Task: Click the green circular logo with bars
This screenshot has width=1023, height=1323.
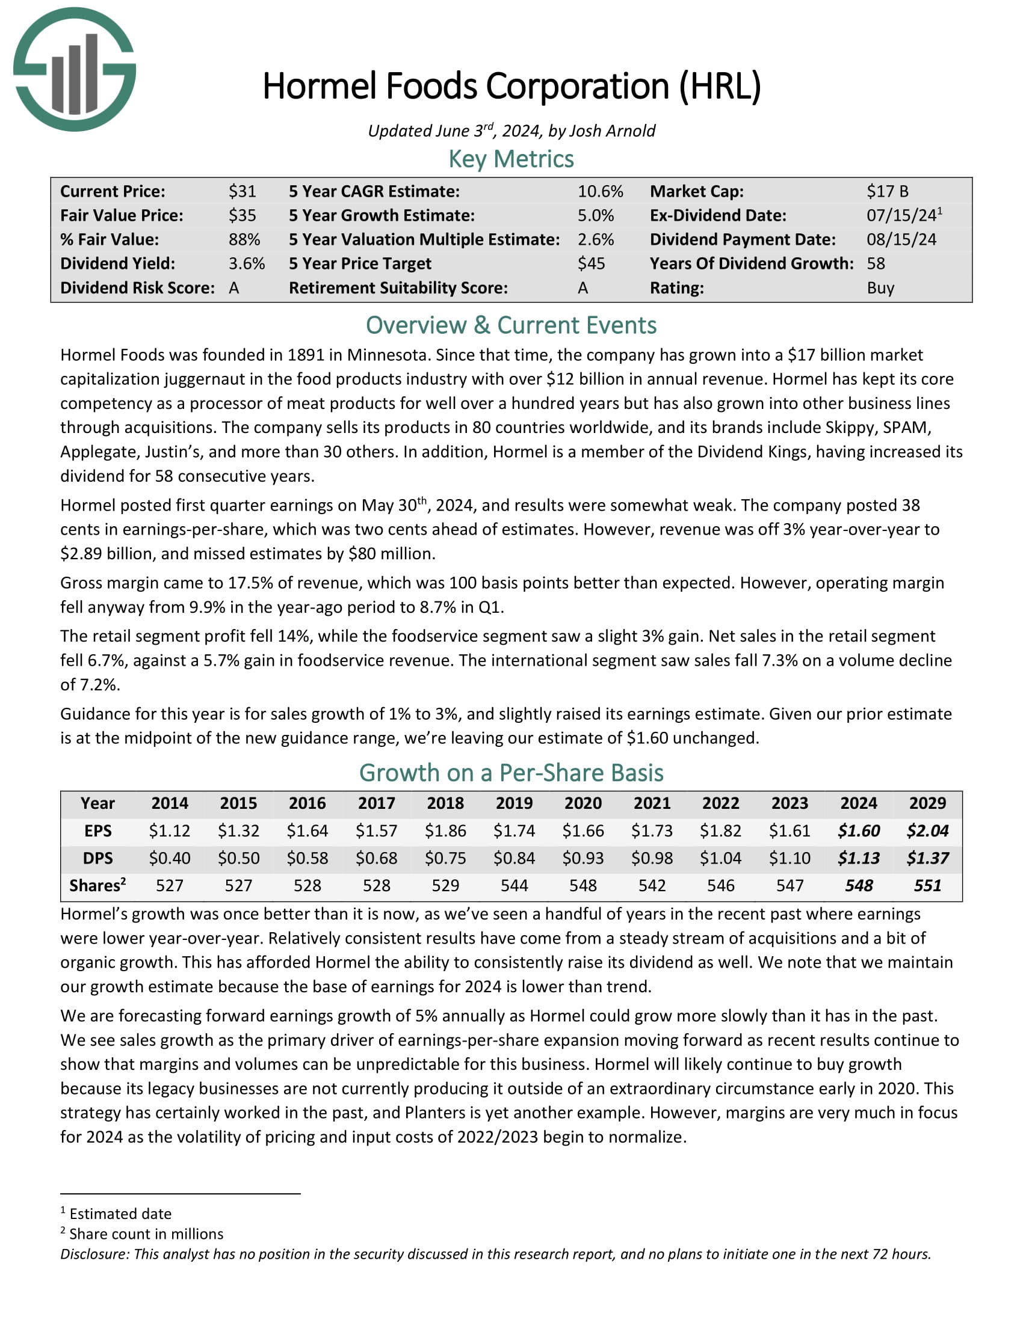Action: point(75,69)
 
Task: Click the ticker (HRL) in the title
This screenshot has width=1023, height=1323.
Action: point(720,86)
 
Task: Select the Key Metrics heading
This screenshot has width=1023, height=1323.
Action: point(511,159)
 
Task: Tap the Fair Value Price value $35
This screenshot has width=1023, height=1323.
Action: point(242,216)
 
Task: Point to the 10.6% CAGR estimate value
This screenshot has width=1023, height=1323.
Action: point(600,191)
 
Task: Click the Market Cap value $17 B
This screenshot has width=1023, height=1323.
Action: point(887,191)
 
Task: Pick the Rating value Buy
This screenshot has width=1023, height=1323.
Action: point(880,287)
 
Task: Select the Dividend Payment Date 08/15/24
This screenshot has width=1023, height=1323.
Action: point(901,239)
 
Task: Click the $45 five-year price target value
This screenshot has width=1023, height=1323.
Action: point(591,263)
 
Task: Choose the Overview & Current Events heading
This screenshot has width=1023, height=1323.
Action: point(511,325)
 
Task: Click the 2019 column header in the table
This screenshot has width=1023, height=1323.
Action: point(514,803)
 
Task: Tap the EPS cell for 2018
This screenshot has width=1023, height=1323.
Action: point(445,830)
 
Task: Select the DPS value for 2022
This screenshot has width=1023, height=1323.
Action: point(720,858)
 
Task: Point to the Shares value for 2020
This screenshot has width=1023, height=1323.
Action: point(583,886)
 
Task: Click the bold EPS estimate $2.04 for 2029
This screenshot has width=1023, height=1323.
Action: point(927,830)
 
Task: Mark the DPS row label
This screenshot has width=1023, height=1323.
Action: point(97,858)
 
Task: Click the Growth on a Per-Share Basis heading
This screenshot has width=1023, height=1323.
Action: point(511,773)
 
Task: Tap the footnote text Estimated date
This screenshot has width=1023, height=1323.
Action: point(120,1214)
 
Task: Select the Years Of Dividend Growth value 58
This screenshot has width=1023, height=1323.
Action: point(876,263)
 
